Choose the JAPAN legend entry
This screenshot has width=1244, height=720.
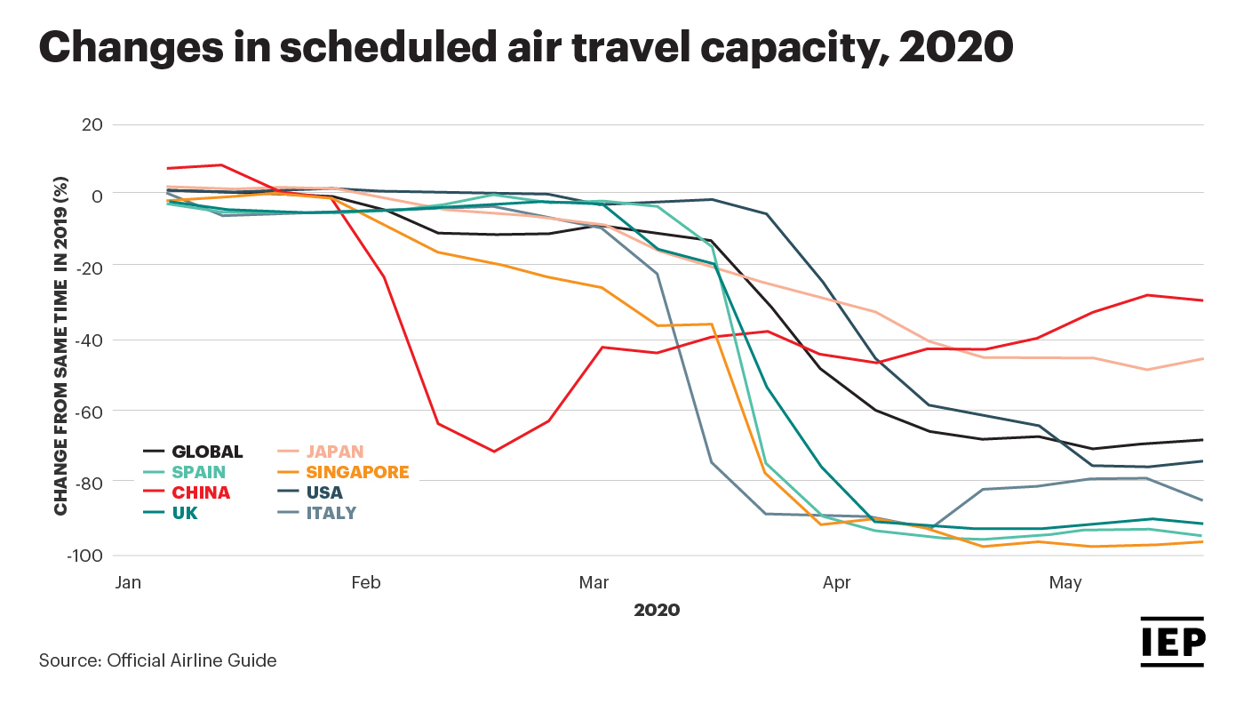point(335,452)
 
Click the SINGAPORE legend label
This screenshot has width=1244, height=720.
point(358,472)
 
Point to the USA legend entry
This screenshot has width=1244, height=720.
point(324,492)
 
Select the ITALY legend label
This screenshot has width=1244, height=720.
point(331,513)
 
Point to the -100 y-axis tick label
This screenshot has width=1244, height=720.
point(85,556)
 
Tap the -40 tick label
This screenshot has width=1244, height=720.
point(90,340)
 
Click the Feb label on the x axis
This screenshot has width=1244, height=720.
point(365,583)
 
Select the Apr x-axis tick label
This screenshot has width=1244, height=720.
point(837,583)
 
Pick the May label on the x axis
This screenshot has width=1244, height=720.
point(1065,583)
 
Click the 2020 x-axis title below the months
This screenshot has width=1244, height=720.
point(657,611)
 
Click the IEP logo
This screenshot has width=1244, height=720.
point(1172,642)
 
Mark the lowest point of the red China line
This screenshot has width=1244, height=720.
point(493,452)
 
